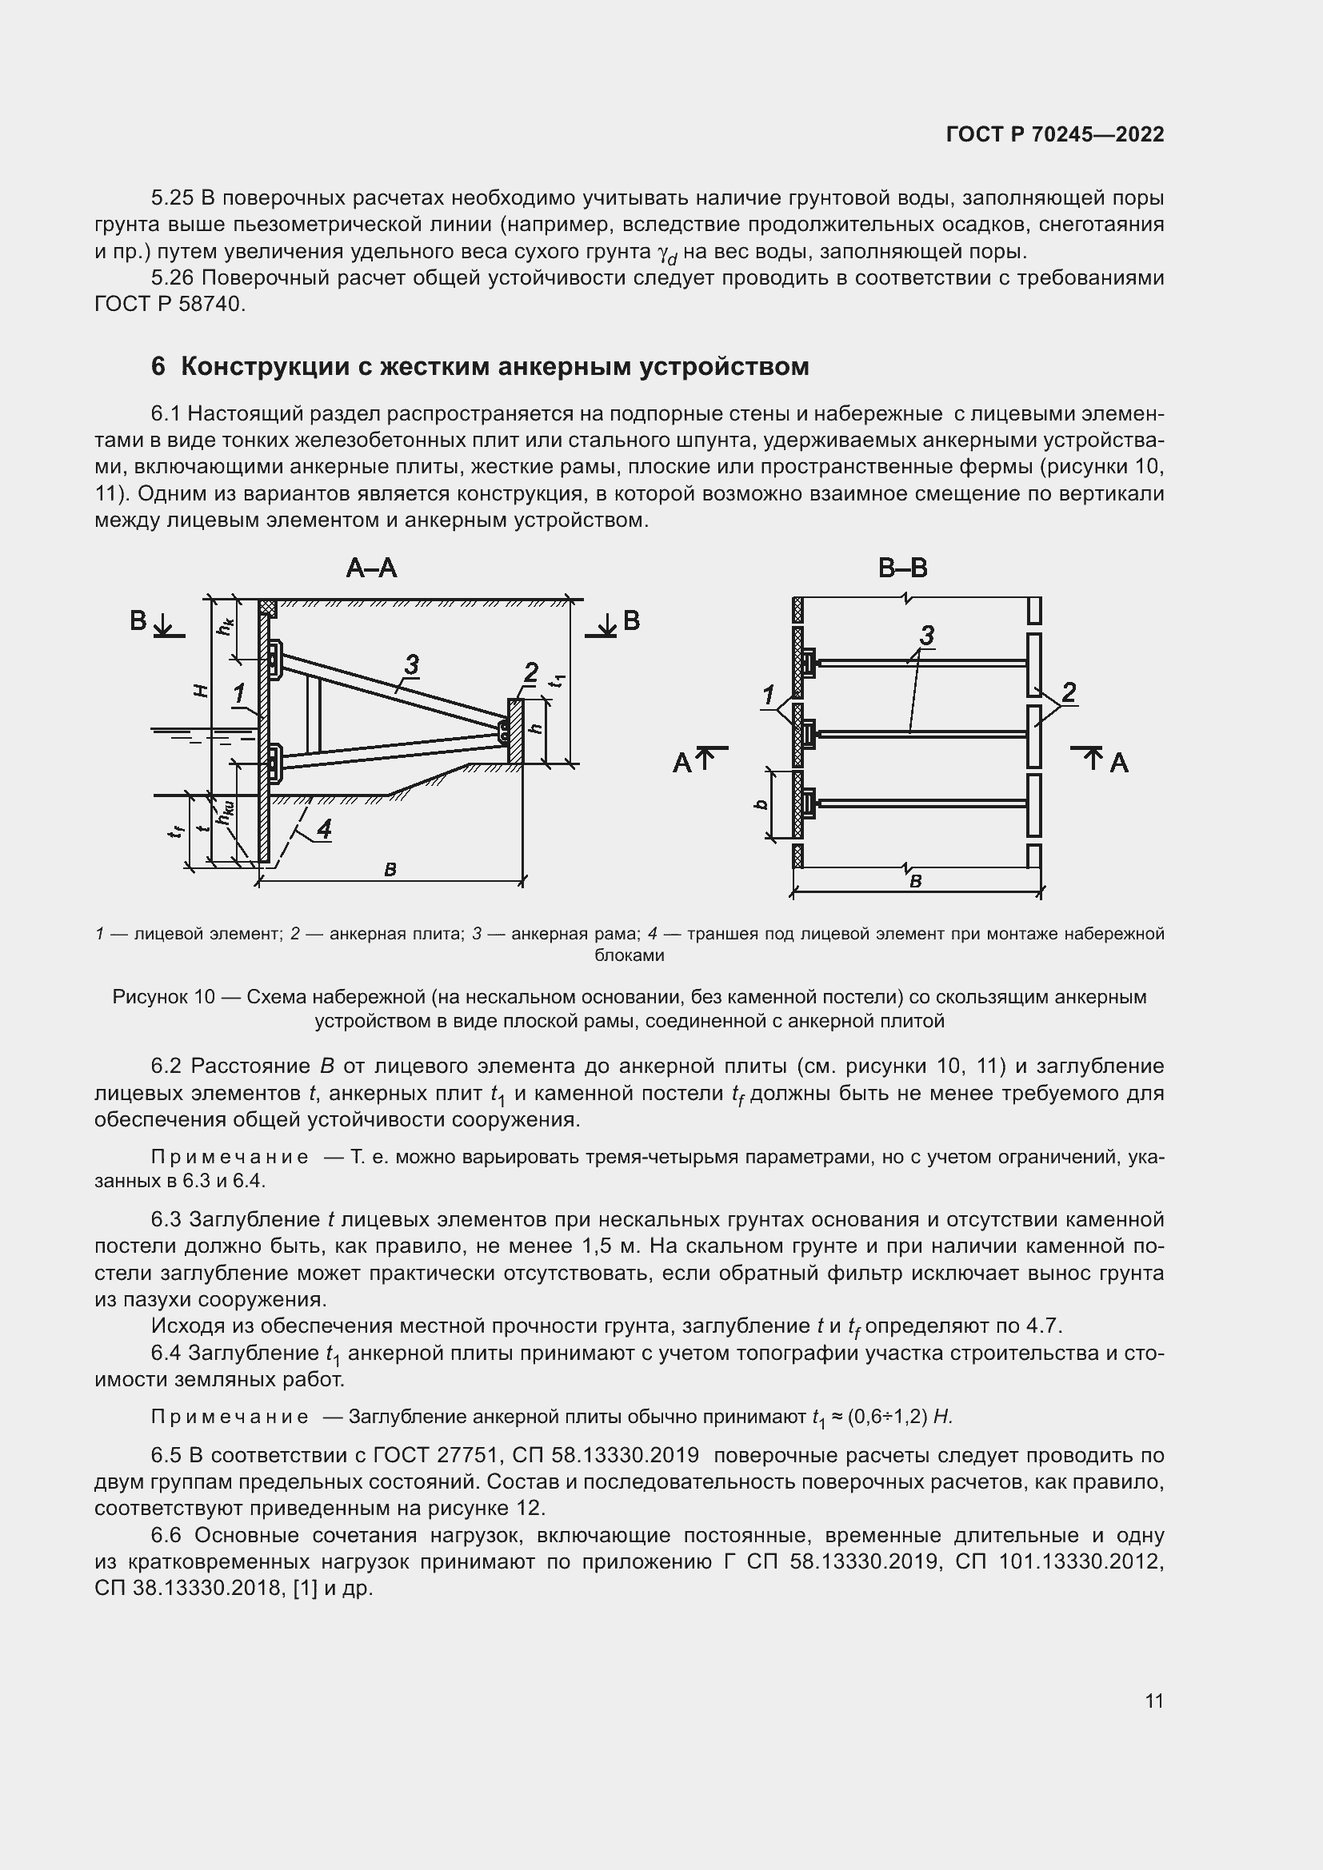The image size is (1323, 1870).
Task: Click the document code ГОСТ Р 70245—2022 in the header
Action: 1054,134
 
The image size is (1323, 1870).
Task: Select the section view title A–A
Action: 371,568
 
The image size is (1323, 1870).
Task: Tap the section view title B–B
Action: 902,568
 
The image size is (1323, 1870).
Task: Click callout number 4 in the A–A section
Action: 324,829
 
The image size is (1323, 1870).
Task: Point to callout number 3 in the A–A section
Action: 411,664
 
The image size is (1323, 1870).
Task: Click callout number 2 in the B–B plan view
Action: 1069,692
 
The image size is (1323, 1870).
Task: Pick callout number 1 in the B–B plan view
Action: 767,696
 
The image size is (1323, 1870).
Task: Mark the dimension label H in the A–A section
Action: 202,691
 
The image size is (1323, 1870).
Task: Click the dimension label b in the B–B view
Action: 761,803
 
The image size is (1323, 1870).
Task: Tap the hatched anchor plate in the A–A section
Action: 515,731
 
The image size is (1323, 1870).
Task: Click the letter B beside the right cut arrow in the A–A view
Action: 631,621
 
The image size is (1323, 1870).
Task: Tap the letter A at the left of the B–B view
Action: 681,764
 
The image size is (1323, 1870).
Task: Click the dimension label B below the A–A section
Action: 390,870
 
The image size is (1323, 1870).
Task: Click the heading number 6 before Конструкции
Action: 158,366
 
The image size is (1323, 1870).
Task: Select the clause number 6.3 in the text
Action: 167,1219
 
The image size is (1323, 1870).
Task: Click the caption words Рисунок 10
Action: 163,997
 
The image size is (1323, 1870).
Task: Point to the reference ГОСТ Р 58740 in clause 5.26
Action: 169,304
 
